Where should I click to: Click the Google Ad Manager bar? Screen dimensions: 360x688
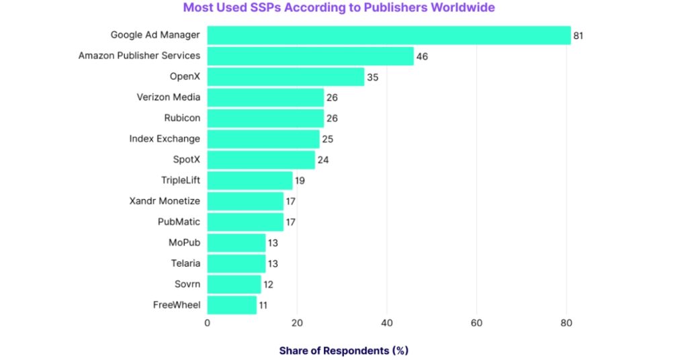point(388,35)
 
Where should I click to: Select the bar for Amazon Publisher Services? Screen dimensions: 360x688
point(310,56)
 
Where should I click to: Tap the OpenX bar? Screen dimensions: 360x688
point(285,77)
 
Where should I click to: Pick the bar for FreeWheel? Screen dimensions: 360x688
point(232,305)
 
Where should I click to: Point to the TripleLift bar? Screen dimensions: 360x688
point(249,180)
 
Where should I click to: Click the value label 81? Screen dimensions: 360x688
point(578,35)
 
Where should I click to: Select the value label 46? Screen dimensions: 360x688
point(422,56)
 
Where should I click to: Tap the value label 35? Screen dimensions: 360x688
point(372,77)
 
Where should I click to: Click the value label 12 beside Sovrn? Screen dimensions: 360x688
point(268,284)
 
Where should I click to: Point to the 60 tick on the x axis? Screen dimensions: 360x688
point(476,323)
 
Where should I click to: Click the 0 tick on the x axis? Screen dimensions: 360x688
point(207,323)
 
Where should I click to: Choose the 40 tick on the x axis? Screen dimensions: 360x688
point(386,323)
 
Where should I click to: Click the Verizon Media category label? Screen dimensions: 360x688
point(168,97)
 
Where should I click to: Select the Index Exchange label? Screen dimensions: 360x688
point(165,138)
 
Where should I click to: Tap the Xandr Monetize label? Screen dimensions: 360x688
point(165,200)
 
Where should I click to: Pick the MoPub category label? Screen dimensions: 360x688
point(184,242)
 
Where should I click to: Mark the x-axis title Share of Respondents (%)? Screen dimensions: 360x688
point(343,351)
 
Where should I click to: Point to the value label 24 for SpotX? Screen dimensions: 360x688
point(322,159)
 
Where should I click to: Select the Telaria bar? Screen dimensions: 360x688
point(236,263)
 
